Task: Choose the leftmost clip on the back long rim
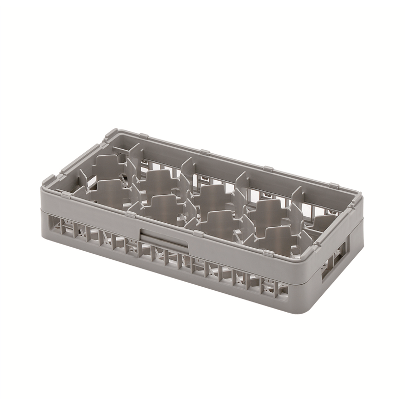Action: point(143,137)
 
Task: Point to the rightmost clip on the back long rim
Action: point(333,186)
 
